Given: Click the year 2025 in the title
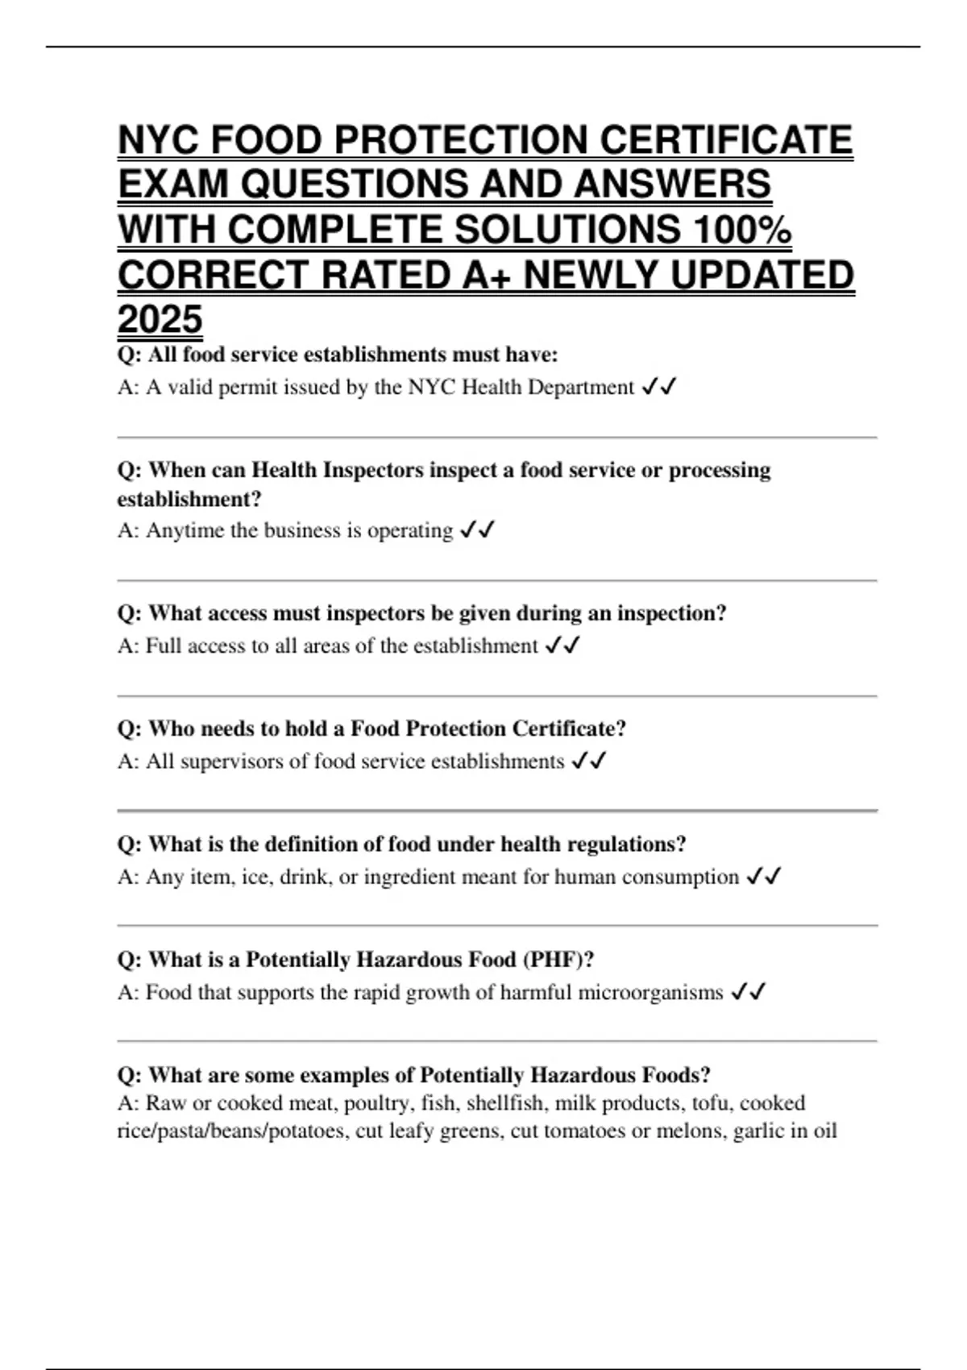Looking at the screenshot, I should pyautogui.click(x=160, y=319).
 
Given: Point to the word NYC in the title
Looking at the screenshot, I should pyautogui.click(x=157, y=140).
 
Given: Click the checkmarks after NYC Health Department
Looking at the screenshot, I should pyautogui.click(x=658, y=388).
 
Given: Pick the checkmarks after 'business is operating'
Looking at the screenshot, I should pyautogui.click(x=477, y=530).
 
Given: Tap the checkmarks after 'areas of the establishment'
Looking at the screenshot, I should pyautogui.click(x=562, y=646).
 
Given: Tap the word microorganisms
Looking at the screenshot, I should pyautogui.click(x=612, y=992).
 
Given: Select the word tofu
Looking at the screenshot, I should pyautogui.click(x=710, y=1102).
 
